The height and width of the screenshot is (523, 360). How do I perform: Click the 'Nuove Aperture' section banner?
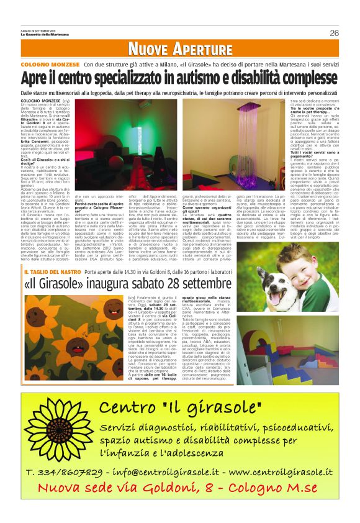(181, 50)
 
